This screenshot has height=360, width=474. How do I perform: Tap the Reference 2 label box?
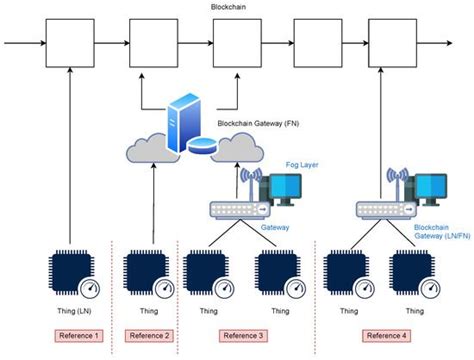tap(153, 334)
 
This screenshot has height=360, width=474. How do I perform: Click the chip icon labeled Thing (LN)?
tap(69, 273)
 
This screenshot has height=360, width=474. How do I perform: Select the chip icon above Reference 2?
tap(146, 273)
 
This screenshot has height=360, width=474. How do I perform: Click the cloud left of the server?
tap(150, 149)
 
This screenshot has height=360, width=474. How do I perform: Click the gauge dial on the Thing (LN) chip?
tap(90, 290)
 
